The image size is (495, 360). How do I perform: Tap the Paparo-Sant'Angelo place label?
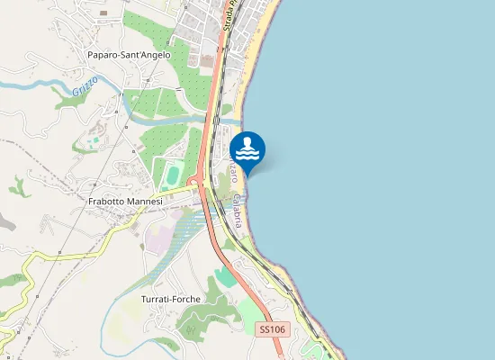tap(129, 55)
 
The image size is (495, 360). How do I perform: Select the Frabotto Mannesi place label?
tap(126, 202)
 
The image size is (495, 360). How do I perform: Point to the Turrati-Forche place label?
tap(170, 299)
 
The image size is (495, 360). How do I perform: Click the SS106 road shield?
tap(272, 329)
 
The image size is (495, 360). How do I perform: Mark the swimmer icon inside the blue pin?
tap(247, 147)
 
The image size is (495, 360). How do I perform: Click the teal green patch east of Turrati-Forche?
tap(226, 276)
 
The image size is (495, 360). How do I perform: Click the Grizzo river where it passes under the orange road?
tap(214, 118)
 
